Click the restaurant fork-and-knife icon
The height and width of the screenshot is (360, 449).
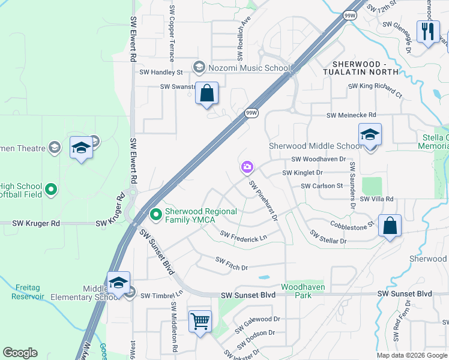pyautogui.click(x=428, y=32)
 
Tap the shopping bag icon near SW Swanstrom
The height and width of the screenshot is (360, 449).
pyautogui.click(x=206, y=94)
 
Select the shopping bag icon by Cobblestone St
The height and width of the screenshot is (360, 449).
pyautogui.click(x=390, y=227)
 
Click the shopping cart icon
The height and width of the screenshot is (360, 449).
pyautogui.click(x=200, y=320)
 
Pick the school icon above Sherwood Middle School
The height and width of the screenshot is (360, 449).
pyautogui.click(x=370, y=135)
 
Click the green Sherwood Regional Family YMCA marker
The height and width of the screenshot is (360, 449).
pyautogui.click(x=156, y=214)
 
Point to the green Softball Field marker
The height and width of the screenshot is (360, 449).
pyautogui.click(x=51, y=190)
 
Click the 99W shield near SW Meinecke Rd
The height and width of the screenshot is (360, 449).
pyautogui.click(x=252, y=112)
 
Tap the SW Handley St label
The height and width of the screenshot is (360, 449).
pyautogui.click(x=161, y=72)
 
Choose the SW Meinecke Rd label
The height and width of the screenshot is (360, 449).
pyautogui.click(x=351, y=115)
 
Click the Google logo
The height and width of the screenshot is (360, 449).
pyautogui.click(x=20, y=353)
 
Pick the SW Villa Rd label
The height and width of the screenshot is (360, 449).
pyautogui.click(x=376, y=199)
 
